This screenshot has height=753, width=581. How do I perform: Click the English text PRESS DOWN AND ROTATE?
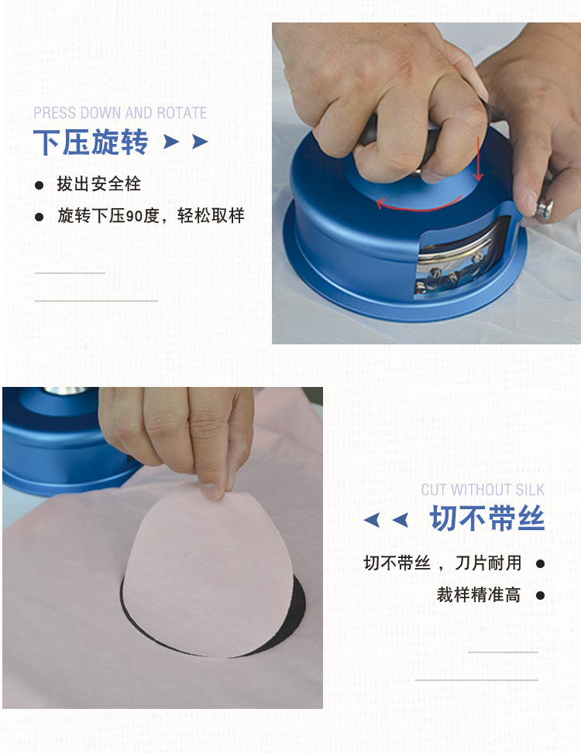120,113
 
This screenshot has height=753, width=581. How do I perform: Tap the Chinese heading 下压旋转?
91,142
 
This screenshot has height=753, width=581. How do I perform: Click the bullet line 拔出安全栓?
98,185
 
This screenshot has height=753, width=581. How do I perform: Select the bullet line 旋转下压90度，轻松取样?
150,216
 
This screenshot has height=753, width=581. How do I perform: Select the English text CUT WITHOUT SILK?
483,490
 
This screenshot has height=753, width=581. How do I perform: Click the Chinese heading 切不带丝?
487,519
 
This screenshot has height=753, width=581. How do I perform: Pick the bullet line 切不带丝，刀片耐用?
442,563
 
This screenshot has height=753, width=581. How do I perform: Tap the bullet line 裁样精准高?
478,595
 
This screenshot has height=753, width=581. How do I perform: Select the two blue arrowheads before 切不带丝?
386,520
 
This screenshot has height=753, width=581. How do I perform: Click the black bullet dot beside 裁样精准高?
540,595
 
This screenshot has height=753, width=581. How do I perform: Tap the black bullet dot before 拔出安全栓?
39,186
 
